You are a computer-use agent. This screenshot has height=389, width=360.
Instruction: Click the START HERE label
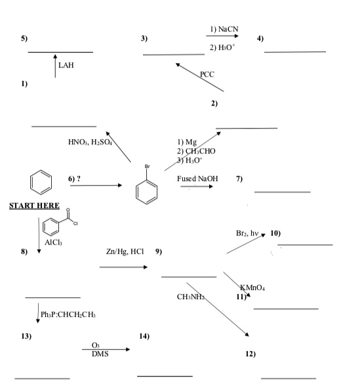tap(33, 206)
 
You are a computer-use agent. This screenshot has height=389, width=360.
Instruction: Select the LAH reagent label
tap(66, 66)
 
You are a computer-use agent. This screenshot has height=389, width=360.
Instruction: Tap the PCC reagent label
tap(207, 74)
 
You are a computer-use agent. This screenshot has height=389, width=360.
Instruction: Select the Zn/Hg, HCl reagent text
tap(124, 251)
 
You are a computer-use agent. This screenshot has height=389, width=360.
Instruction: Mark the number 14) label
tap(146, 336)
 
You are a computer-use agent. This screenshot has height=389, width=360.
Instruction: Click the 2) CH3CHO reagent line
tap(197, 150)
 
